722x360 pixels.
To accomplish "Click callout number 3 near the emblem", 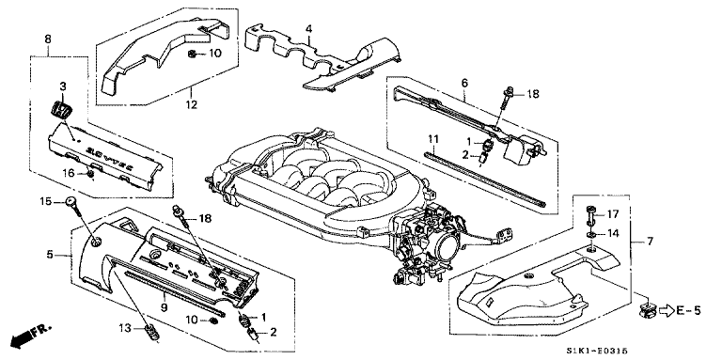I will pos(63,87).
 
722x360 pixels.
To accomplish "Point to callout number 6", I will pos(463,83).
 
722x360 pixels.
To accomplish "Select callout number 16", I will pos(69,173).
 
